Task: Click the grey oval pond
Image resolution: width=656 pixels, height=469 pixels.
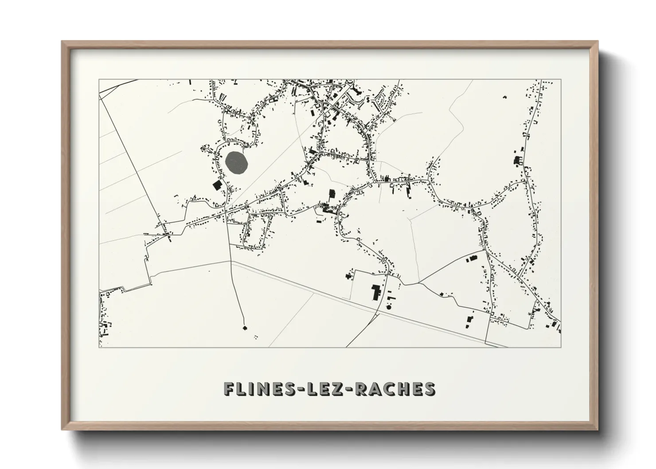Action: point(236,163)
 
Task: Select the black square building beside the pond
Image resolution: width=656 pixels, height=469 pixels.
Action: point(217,185)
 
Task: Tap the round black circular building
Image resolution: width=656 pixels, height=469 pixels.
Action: point(389,306)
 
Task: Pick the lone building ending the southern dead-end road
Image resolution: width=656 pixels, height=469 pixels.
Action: point(244,328)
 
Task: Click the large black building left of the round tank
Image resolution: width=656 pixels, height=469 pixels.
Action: point(376,293)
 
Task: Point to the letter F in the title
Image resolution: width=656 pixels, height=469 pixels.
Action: point(229,389)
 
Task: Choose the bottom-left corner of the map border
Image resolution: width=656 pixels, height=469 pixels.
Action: point(99,347)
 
